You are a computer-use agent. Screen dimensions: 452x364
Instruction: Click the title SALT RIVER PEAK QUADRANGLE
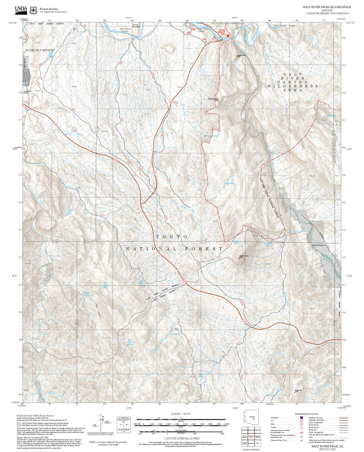pos(327,7)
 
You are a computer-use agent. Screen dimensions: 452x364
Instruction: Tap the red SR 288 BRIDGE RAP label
pos(222,32)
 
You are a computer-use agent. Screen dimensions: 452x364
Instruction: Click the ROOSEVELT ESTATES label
pos(40,50)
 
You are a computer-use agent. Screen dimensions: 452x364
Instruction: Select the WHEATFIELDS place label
pos(319,245)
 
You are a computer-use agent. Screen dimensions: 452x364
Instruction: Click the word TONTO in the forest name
pos(172,237)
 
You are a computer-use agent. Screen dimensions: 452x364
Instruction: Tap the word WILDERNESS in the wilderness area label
pos(292,86)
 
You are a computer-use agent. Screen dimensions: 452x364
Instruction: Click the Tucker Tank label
pos(229,183)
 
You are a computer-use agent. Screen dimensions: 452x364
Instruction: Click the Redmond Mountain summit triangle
pos(219,102)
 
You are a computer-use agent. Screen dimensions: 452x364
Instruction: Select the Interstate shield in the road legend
pos(301,418)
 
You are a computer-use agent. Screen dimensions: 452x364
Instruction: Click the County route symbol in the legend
pos(301,428)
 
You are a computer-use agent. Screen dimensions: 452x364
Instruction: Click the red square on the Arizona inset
pos(254,419)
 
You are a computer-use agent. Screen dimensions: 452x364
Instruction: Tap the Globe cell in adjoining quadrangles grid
pos(257,443)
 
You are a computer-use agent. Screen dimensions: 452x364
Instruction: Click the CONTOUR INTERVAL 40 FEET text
pos(182,438)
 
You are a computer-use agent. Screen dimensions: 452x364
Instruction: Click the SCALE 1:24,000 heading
pos(181,414)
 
